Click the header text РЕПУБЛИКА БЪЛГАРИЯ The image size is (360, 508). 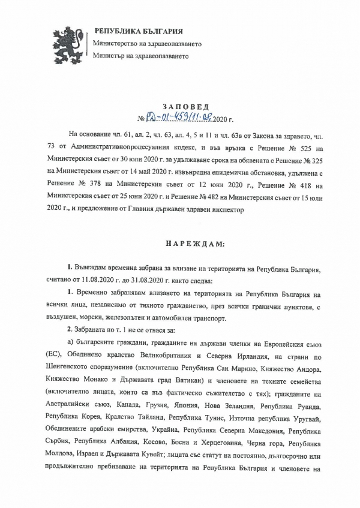pyautogui.click(x=138, y=31)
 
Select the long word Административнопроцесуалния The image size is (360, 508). pyautogui.click(x=129, y=148)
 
